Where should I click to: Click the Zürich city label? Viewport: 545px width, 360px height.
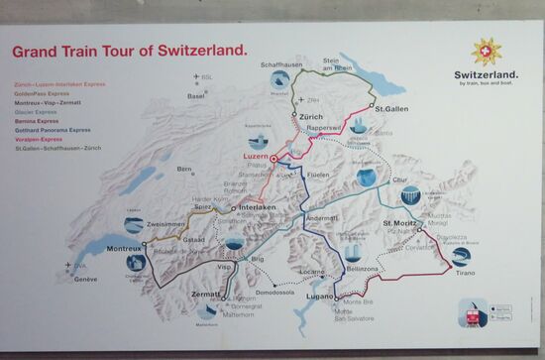coord(310,117)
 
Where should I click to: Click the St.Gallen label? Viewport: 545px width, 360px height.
coord(391,106)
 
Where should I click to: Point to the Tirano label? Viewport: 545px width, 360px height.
coord(466,281)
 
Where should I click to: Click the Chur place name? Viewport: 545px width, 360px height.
coord(398,180)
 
